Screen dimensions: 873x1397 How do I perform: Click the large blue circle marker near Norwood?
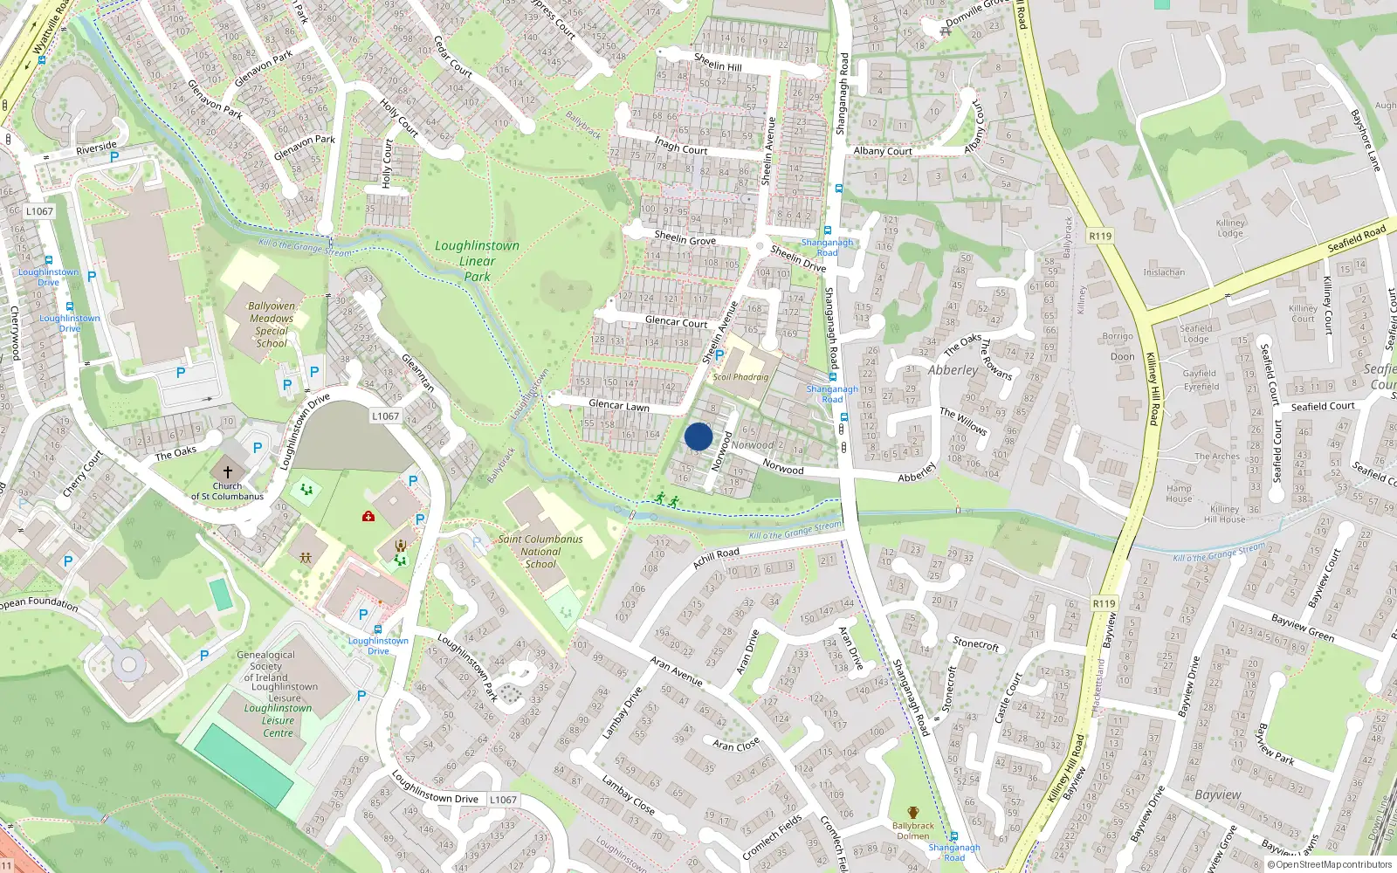click(698, 436)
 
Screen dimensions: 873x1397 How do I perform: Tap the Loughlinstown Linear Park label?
click(477, 261)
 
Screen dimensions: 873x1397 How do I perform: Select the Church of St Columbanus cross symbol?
click(228, 471)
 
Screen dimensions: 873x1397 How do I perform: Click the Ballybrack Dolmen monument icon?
click(913, 813)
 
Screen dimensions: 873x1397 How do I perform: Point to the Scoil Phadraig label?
click(740, 377)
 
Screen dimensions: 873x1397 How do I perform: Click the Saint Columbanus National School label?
click(540, 551)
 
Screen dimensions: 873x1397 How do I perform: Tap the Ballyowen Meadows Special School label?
click(272, 325)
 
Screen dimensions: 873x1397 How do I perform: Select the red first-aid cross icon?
click(368, 517)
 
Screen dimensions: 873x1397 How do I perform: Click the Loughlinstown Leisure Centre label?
click(278, 720)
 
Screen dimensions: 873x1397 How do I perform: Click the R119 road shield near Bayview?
click(1104, 603)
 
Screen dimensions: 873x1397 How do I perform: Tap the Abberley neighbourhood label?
click(953, 370)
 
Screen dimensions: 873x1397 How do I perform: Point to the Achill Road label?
click(716, 558)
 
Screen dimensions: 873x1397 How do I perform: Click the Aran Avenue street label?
click(676, 670)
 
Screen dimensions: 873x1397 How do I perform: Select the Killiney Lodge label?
click(1229, 228)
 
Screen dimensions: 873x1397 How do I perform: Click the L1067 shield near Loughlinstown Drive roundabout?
click(385, 416)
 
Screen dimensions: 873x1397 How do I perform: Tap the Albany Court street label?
click(882, 151)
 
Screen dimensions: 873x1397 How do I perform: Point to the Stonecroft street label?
click(975, 644)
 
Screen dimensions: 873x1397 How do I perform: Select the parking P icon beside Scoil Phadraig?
click(719, 355)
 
